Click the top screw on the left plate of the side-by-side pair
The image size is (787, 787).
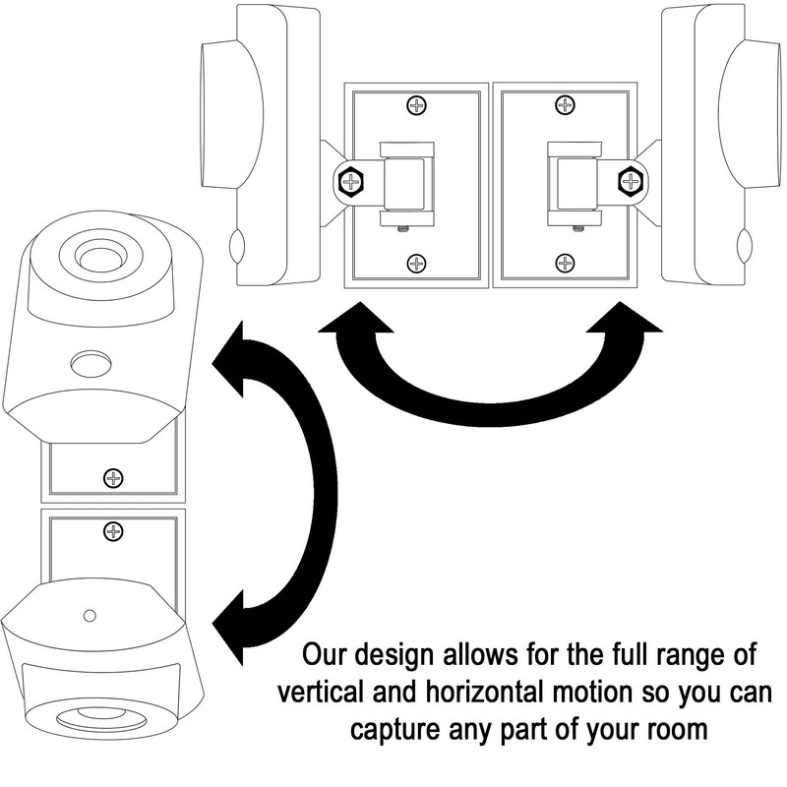[417, 104]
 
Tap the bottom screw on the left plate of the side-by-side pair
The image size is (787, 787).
[417, 263]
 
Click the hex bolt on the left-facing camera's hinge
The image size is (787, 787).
[351, 181]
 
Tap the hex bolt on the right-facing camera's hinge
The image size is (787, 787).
[629, 181]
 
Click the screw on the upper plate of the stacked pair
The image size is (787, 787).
[114, 479]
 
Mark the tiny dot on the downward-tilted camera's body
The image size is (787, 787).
[90, 615]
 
